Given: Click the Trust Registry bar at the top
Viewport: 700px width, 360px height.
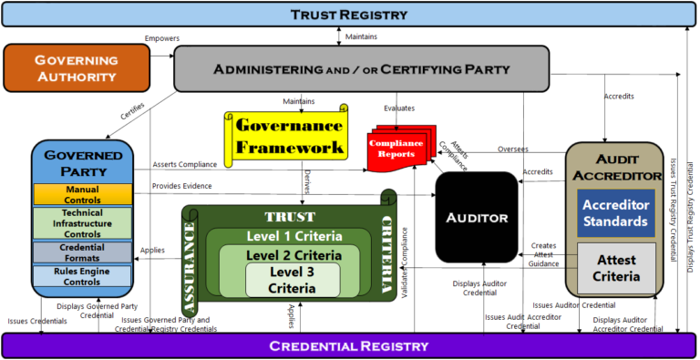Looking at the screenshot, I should pyautogui.click(x=349, y=13).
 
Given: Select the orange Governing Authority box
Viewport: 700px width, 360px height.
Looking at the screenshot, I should pyautogui.click(x=77, y=67).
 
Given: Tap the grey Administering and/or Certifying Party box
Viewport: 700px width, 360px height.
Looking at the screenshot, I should pyautogui.click(x=361, y=69).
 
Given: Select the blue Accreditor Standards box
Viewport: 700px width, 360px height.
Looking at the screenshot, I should pyautogui.click(x=615, y=213).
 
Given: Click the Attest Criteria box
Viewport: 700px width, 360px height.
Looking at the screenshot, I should pyautogui.click(x=615, y=268).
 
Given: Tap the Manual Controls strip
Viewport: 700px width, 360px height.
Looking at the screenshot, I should pyautogui.click(x=83, y=194).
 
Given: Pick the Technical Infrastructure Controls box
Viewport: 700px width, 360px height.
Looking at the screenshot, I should pyautogui.click(x=83, y=222).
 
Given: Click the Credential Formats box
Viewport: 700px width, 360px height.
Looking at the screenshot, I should pyautogui.click(x=83, y=252).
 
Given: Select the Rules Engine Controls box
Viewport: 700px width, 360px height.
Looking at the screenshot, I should pyautogui.click(x=83, y=275).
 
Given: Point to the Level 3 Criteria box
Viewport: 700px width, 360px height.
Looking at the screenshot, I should pyautogui.click(x=293, y=279).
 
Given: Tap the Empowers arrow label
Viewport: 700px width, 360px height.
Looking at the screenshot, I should pyautogui.click(x=160, y=37).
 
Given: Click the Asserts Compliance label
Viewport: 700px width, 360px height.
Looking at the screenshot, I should pyautogui.click(x=185, y=164).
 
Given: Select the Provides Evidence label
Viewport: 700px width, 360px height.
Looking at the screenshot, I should pyautogui.click(x=182, y=185).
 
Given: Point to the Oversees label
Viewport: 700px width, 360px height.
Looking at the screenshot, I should pyautogui.click(x=512, y=149).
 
